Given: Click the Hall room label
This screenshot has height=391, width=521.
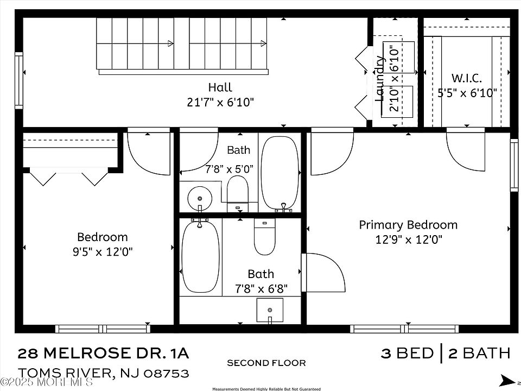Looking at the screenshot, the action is point(220,87).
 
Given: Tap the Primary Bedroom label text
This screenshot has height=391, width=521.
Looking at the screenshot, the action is point(408,225).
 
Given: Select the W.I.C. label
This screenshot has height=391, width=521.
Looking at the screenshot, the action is point(467,78).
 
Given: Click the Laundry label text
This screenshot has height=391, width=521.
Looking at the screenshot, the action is point(380,78).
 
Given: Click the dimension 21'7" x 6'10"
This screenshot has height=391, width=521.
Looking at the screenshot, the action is point(220,102).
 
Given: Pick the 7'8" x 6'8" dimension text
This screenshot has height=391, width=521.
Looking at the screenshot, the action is point(261,289).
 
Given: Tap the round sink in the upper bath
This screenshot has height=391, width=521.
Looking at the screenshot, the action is point(200,199).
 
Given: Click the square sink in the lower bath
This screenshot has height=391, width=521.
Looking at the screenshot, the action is point(270,310).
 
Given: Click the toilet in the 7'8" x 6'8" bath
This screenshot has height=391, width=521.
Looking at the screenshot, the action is point(264,236).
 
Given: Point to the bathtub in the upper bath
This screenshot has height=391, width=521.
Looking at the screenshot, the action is point(280,173).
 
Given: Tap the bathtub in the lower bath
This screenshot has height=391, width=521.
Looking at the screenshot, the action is point(201,257).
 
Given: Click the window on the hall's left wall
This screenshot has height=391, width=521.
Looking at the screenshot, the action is point(19,80).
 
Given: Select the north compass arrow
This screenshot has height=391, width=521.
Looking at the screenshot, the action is point(508,380).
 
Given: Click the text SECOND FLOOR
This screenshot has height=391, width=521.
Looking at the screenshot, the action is point(266,363).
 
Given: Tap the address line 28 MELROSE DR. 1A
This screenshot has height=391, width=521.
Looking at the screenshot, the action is point(103,353).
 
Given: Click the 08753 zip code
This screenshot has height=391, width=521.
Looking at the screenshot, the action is point(166,374).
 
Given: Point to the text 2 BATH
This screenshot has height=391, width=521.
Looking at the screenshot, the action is point(479,353).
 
